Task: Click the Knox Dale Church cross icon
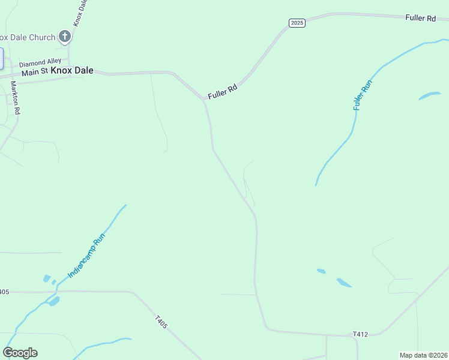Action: point(65,37)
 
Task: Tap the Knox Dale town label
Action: point(72,70)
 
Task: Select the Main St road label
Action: point(34,73)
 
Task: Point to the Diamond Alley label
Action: point(40,62)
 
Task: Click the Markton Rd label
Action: point(16,97)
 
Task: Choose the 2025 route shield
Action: point(297,23)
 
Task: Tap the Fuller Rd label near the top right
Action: point(420,19)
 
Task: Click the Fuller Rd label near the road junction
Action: point(223,92)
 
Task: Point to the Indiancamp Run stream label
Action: point(86,255)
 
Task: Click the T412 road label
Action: point(360,334)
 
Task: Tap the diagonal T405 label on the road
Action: point(161,322)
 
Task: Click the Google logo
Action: point(20,353)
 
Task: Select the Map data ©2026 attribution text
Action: point(423,355)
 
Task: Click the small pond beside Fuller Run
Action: point(429,96)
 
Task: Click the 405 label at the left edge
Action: point(4,292)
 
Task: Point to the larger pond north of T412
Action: point(344,282)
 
